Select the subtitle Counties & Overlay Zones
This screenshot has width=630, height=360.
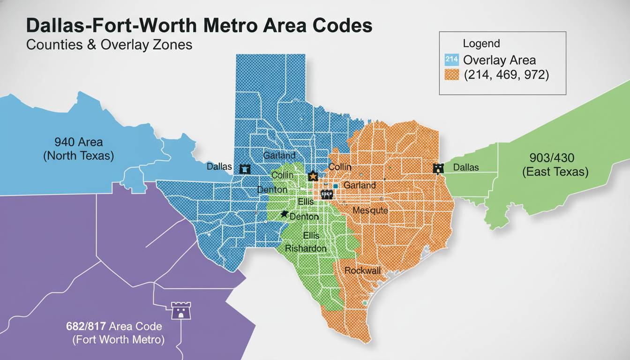coord(109,45)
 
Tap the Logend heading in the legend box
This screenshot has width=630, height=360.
coord(481,44)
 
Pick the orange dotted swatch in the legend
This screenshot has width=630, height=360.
coord(451,75)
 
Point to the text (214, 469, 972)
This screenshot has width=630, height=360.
coord(506,75)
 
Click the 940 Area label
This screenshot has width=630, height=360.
coord(78,142)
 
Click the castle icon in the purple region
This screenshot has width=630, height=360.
coord(179,311)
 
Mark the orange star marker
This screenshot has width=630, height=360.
coord(313,176)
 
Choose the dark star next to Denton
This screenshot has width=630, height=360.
coord(284,214)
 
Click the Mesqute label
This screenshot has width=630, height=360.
coord(370,210)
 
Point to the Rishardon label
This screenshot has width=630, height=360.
coord(306,248)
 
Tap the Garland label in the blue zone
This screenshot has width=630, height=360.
coord(279,155)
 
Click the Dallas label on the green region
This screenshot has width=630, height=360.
coord(466,167)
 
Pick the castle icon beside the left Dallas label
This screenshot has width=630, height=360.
coord(245,169)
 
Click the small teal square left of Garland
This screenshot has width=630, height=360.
coord(336,186)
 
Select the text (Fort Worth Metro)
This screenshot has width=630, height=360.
coord(118,340)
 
